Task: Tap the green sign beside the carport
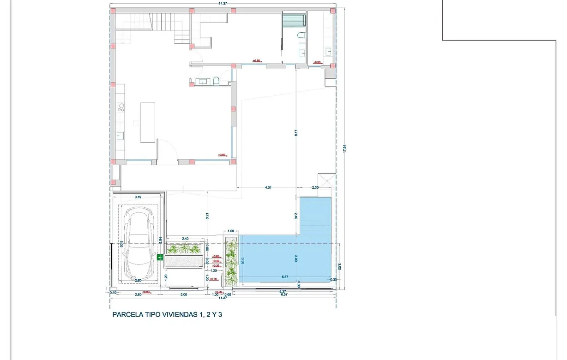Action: click(160, 258)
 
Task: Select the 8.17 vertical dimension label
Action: click(296, 132)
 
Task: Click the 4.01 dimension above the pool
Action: click(268, 187)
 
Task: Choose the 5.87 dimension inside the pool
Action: click(285, 277)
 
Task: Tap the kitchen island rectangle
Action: click(148, 122)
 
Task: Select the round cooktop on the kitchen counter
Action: click(122, 107)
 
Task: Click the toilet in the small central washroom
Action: click(216, 82)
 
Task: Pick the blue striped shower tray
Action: click(294, 21)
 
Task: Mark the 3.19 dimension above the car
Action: click(138, 197)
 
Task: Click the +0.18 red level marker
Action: click(213, 279)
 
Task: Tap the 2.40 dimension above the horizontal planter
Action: click(185, 239)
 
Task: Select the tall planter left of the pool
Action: click(231, 262)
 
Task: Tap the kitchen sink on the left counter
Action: click(120, 135)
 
